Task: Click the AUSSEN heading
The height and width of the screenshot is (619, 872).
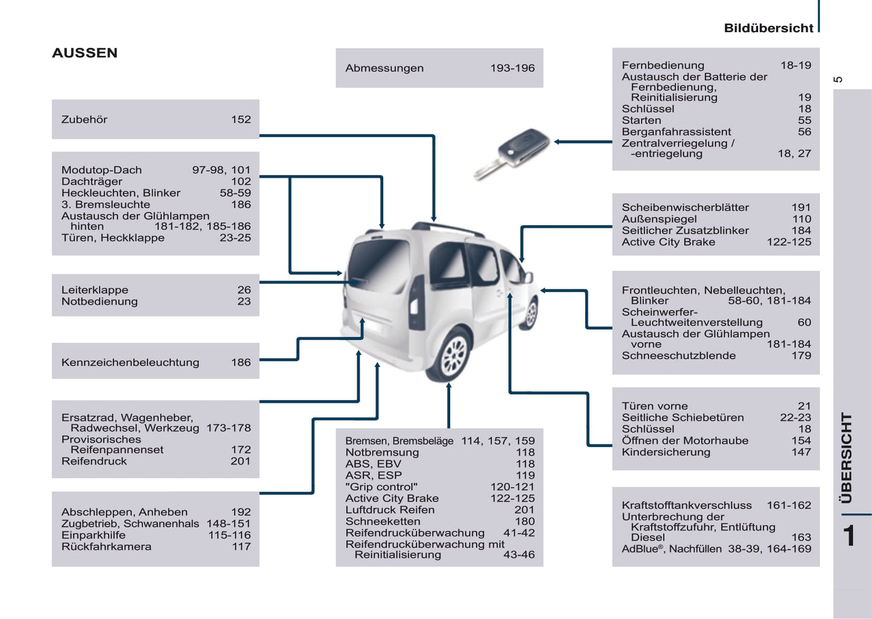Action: point(84,53)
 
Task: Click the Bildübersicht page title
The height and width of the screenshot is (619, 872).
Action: point(768,28)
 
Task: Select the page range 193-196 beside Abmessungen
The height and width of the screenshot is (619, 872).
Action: point(512,68)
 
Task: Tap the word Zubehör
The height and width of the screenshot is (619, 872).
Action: point(84,119)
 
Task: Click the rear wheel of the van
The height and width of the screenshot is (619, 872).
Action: point(453,356)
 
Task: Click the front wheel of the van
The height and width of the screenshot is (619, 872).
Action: point(531,313)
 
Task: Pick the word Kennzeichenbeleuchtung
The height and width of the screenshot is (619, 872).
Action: point(130,363)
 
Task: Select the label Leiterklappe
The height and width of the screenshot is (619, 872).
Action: point(95,290)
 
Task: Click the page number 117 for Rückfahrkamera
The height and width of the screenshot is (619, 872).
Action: point(241,547)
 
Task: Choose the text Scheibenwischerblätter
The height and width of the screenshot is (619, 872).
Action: point(685,208)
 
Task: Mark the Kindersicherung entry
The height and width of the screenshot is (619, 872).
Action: point(666,452)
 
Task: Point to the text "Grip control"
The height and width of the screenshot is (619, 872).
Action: point(381,487)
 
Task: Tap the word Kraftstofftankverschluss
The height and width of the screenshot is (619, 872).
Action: point(687,506)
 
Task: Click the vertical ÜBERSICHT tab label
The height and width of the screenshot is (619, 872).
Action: point(847,458)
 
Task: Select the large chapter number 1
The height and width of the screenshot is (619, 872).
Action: point(850,536)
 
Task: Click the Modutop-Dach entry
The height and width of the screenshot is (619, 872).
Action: point(101,170)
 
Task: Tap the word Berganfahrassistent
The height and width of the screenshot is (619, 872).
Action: point(676,132)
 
